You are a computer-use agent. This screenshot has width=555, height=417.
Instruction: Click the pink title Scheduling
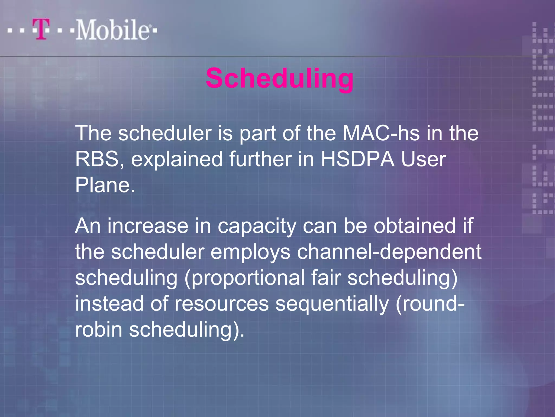point(279,79)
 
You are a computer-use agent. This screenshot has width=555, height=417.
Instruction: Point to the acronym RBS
point(97,159)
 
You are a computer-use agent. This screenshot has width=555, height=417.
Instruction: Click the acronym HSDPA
point(357,159)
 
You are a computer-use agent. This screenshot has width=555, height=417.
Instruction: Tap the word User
point(423,159)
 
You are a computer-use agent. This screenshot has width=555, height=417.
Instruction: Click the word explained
point(177,159)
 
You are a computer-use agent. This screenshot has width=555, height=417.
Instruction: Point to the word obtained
point(415,226)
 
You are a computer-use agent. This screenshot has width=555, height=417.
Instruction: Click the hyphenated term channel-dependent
point(389,252)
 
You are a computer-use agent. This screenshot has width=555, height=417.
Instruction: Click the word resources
point(222,304)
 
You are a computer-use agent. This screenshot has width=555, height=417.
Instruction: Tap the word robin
point(99,330)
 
